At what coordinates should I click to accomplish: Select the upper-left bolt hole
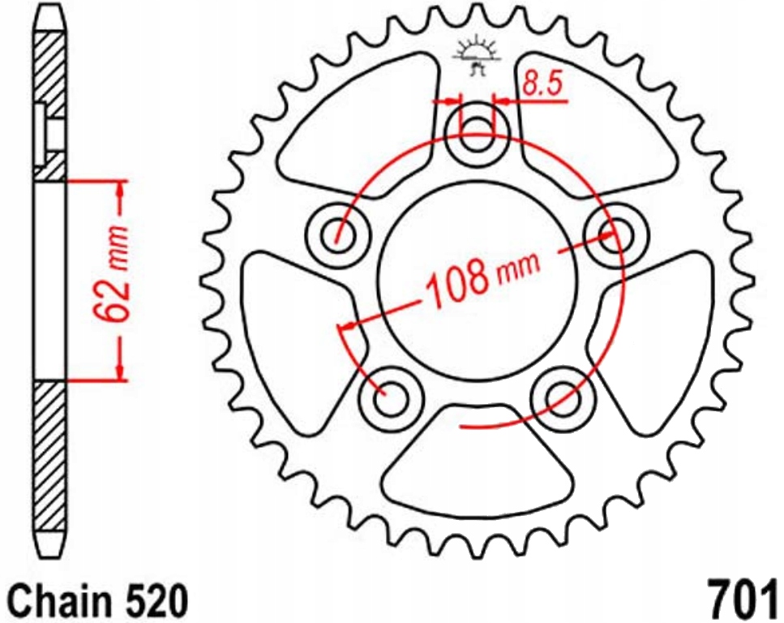tap(335, 235)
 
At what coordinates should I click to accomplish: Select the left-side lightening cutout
tap(296, 333)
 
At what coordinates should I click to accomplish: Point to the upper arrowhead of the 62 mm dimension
tap(121, 188)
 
